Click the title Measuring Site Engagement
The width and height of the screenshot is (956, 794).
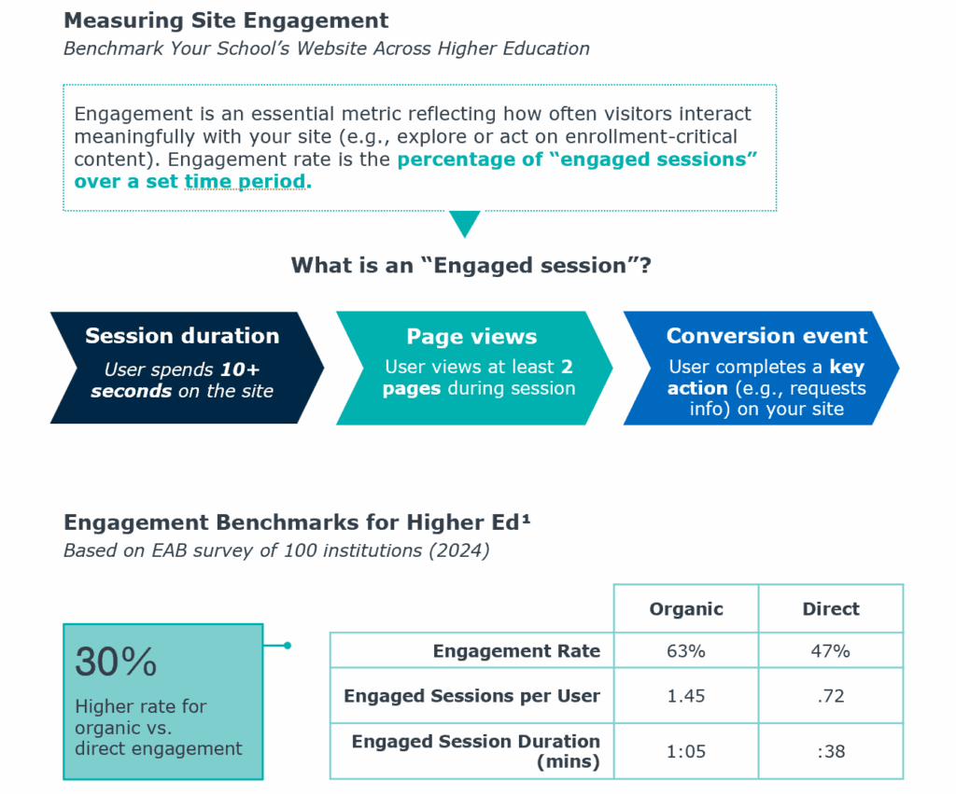[226, 21]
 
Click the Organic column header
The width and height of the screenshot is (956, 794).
[686, 608]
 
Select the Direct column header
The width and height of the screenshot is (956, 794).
[830, 608]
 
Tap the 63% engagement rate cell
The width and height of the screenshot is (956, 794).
[686, 651]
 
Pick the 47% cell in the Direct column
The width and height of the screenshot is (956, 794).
[830, 651]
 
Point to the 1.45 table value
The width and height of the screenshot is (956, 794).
[686, 696]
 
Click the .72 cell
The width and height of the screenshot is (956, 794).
[831, 696]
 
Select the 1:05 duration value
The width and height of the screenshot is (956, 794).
[686, 751]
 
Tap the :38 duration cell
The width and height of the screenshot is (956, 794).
[831, 751]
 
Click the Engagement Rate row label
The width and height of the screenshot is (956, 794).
[516, 651]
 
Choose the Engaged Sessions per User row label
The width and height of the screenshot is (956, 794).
[471, 696]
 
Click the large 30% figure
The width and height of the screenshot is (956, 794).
[116, 662]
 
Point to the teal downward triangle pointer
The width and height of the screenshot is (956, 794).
[465, 222]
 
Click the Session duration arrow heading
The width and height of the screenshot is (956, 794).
[182, 336]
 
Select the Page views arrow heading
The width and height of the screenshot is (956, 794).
[471, 337]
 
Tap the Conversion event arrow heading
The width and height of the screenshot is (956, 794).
[766, 336]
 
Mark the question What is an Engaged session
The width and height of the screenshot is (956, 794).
[471, 266]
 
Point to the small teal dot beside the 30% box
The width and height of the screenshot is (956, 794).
[288, 646]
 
